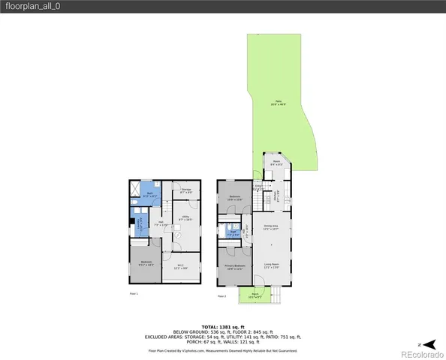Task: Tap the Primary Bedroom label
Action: click(234, 268)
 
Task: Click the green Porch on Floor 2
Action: click(255, 296)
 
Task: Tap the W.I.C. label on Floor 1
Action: click(180, 267)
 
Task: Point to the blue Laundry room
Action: click(139, 220)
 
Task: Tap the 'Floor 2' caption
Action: click(221, 296)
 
